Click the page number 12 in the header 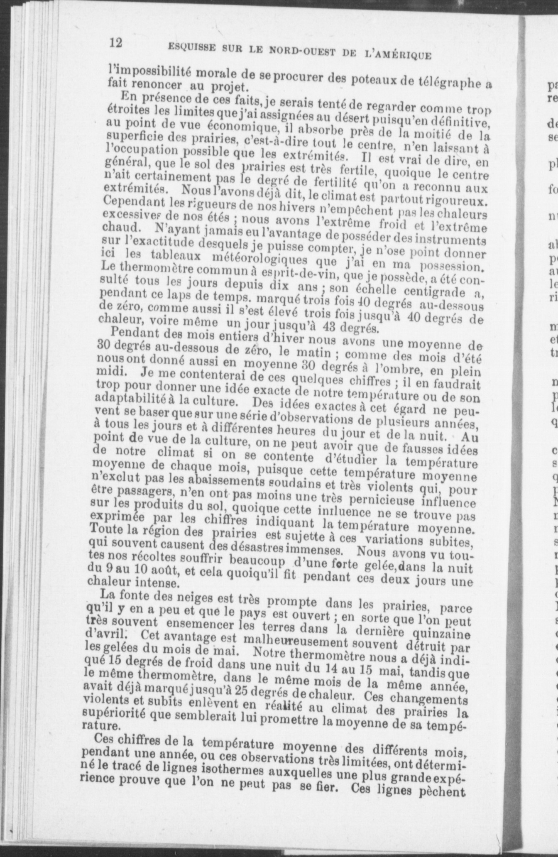pyautogui.click(x=115, y=43)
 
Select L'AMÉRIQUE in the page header pyautogui.click(x=397, y=55)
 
